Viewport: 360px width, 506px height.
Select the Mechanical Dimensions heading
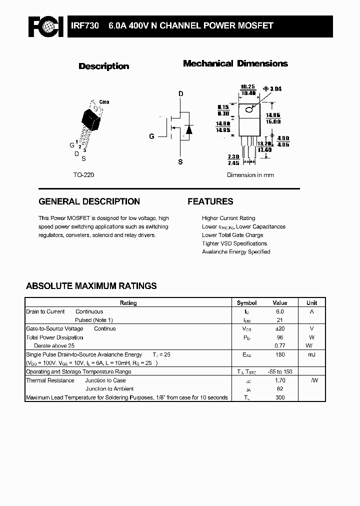(235, 63)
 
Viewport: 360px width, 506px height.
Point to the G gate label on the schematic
(151, 136)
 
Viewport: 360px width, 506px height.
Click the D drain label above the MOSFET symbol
(181, 94)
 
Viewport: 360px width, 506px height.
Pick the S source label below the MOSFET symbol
(181, 161)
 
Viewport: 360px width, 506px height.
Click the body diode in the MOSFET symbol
(188, 129)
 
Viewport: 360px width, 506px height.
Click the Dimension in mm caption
(250, 175)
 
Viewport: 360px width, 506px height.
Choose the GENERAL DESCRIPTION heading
(89, 201)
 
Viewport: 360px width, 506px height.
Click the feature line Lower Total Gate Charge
(232, 235)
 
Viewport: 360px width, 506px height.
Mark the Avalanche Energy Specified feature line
(236, 251)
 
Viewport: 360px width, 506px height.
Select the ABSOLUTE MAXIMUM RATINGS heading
(91, 286)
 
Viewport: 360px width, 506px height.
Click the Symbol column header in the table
(246, 303)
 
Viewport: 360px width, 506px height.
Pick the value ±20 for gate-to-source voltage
(279, 328)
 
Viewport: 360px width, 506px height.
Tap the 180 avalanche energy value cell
(280, 354)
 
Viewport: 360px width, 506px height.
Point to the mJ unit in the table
(311, 354)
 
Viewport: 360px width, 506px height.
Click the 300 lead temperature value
(280, 397)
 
